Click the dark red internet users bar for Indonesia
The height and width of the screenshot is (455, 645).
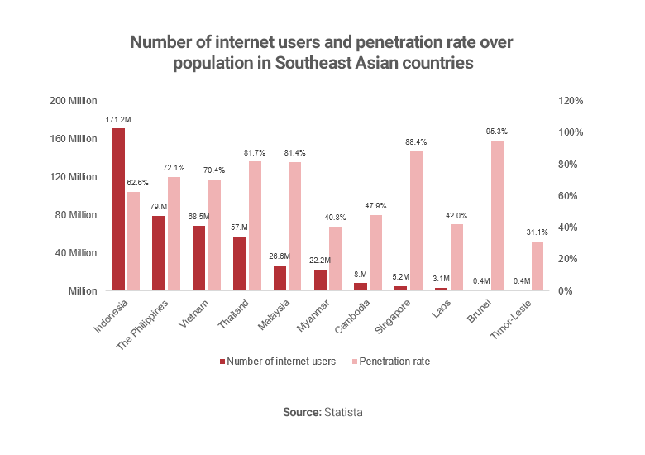(119, 209)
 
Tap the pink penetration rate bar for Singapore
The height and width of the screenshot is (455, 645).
(417, 221)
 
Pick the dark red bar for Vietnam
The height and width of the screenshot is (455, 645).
(199, 258)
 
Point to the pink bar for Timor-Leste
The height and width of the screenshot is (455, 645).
(537, 266)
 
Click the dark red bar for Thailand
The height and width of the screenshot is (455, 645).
(240, 264)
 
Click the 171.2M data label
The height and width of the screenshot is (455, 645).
(118, 120)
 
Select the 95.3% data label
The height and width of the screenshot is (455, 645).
(497, 132)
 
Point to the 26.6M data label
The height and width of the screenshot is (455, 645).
(279, 256)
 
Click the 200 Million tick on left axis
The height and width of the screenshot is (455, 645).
(74, 101)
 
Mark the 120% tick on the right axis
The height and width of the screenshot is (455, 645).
(572, 101)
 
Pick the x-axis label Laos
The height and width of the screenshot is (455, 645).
(437, 311)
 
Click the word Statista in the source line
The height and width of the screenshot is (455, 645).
(342, 412)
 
